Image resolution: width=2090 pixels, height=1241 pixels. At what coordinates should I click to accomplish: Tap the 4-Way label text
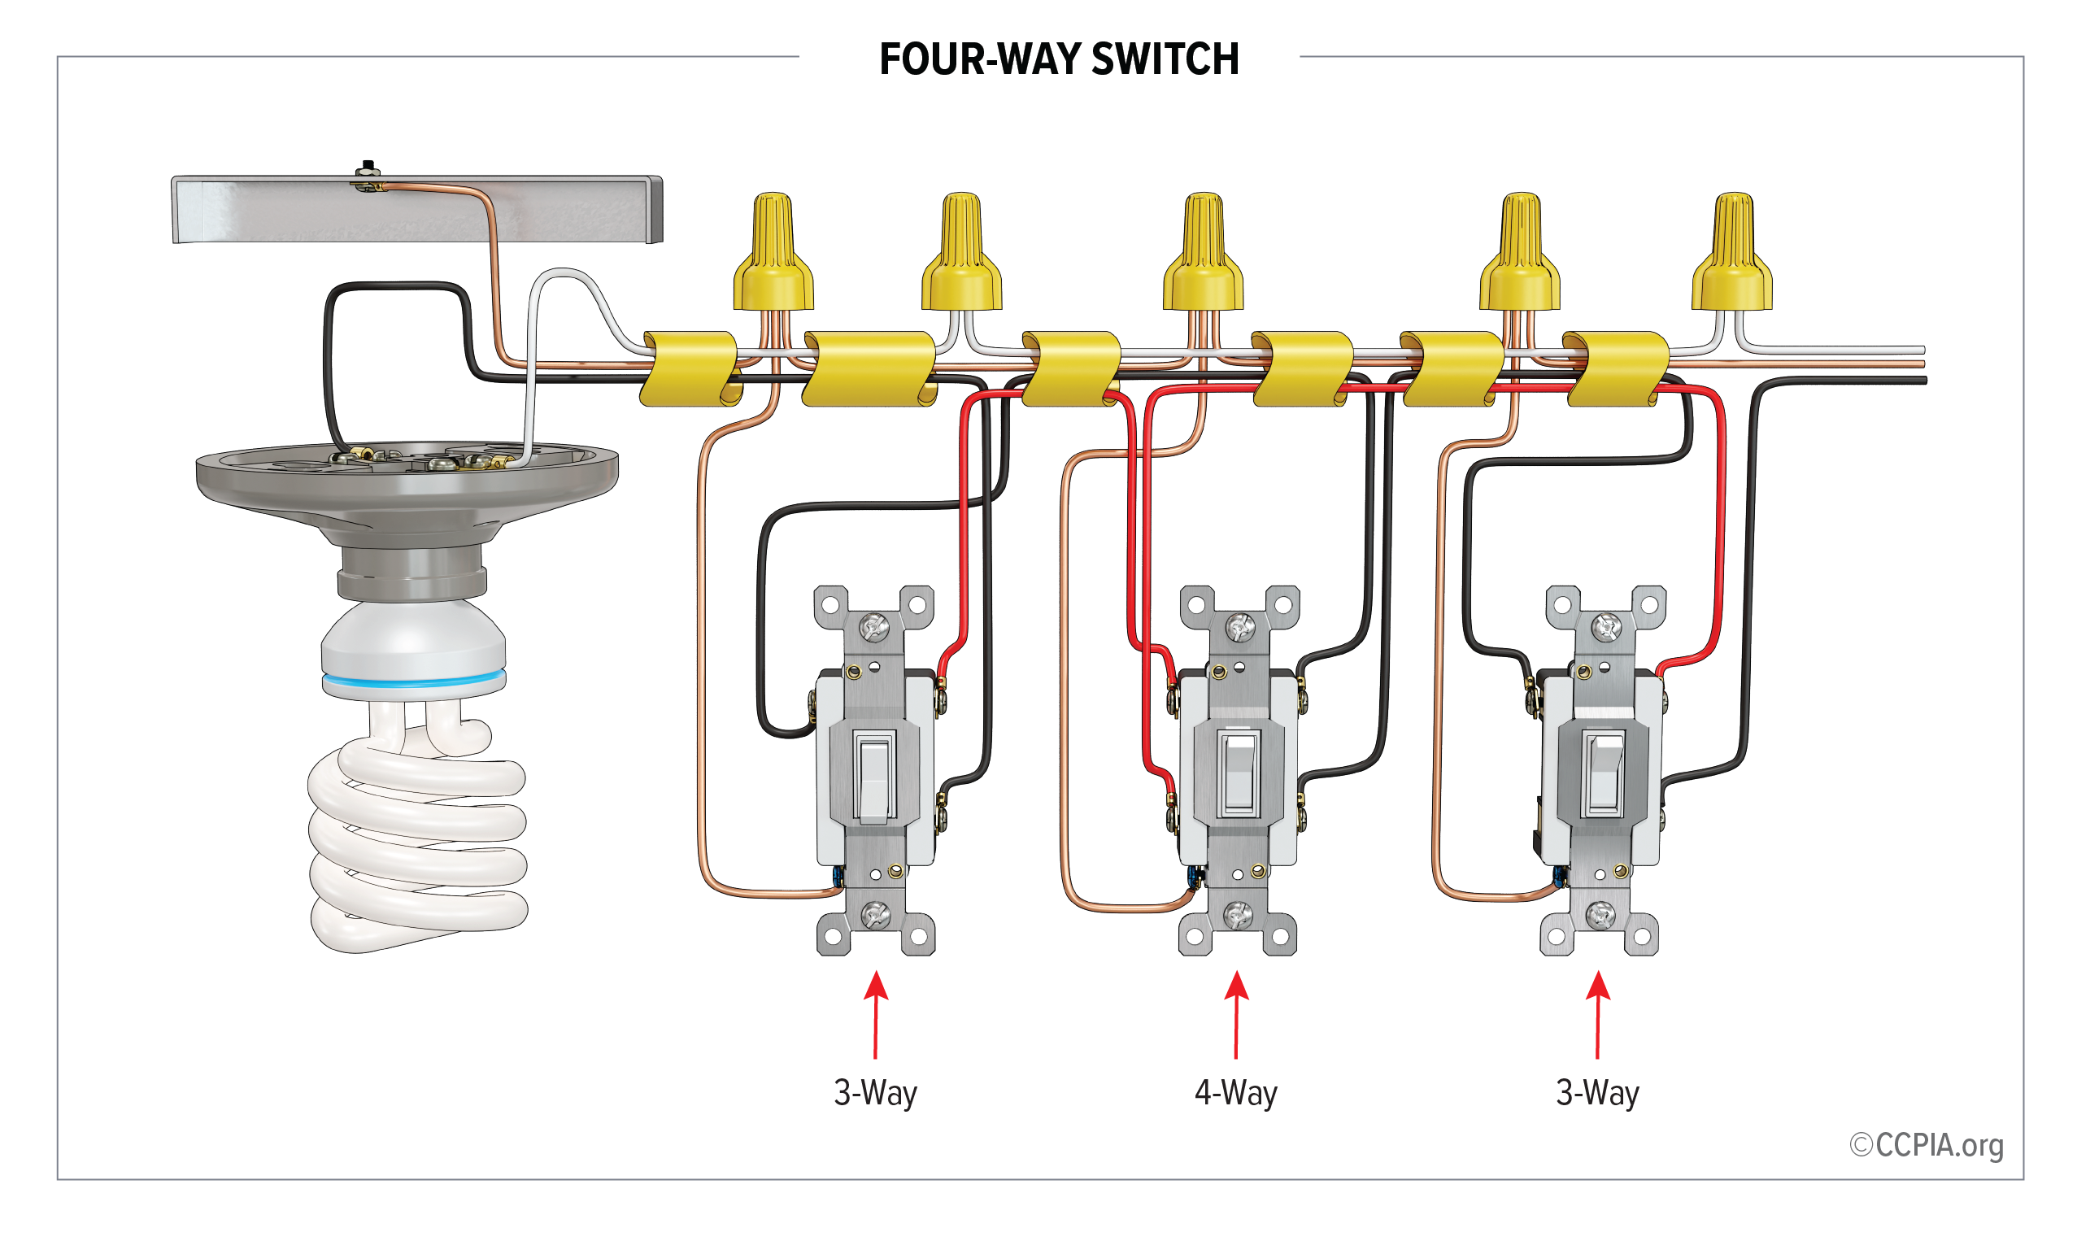coord(1234,1093)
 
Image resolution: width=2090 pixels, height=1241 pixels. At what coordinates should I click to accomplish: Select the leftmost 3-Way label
coord(874,1093)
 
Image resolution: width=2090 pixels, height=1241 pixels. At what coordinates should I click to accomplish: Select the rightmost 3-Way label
coord(1596,1093)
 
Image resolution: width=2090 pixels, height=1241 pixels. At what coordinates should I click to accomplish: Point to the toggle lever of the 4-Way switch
coord(1238,770)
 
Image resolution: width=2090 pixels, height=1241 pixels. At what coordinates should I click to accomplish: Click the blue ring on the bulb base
coord(414,680)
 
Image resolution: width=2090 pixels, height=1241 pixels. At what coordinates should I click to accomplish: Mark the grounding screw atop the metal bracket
coord(367,170)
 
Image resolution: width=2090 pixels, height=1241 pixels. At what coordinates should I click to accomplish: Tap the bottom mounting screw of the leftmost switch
coord(874,915)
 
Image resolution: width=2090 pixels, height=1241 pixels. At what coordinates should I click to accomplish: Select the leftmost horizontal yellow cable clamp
coord(689,368)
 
